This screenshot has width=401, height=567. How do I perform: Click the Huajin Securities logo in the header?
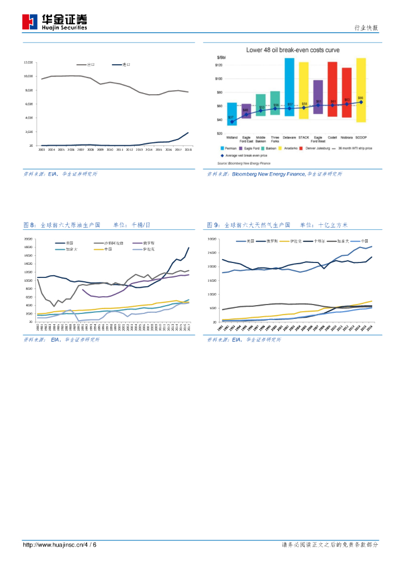[54, 22]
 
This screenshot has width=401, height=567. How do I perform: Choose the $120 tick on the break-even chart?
[219, 65]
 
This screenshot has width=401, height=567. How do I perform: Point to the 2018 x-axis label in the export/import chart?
[187, 150]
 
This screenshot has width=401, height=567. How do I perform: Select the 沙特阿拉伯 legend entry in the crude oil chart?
[112, 243]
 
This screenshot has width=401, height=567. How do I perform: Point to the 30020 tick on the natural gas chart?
[212, 239]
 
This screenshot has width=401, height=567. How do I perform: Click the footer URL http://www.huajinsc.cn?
[52, 545]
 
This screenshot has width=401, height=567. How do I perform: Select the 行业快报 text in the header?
[366, 28]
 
